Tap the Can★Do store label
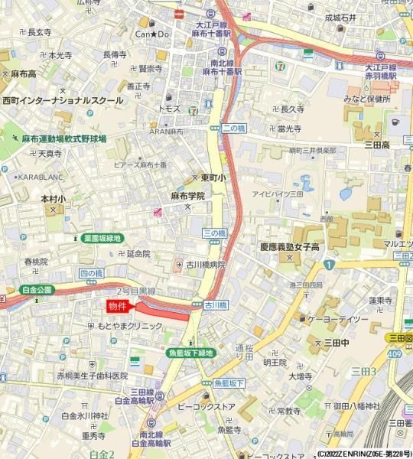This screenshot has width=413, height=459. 153,34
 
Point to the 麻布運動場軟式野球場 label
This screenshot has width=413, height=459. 63,138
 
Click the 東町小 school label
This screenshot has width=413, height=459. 213,177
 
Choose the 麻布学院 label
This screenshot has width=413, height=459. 187,196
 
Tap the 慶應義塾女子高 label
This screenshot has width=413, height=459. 288,246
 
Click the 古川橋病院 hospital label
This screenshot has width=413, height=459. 206,264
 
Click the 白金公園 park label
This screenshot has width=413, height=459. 37,290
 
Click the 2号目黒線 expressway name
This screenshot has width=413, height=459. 136,291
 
